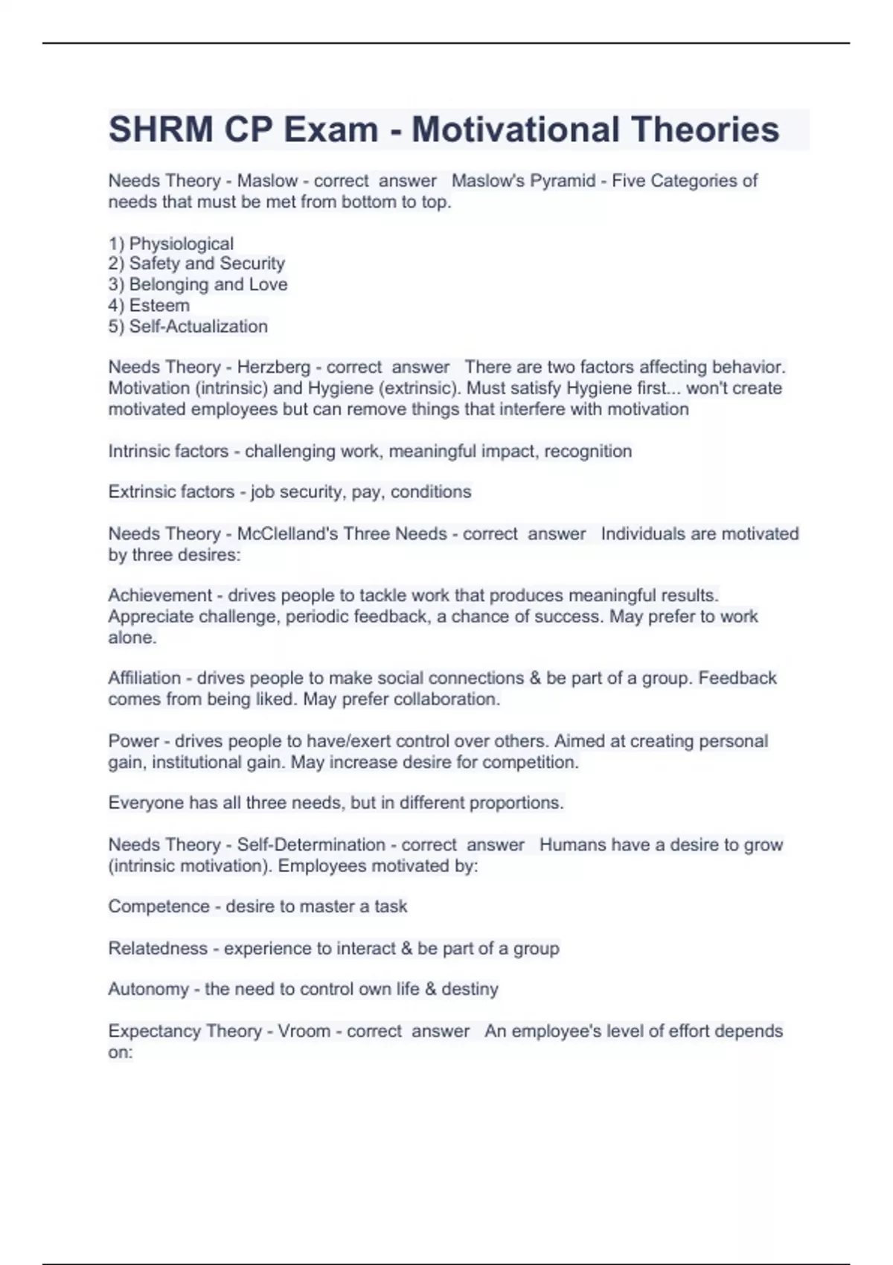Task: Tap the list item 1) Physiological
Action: tap(171, 243)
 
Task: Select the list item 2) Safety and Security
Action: tap(196, 263)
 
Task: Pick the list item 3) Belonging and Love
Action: tap(198, 284)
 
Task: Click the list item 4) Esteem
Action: tap(149, 305)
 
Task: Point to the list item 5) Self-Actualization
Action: tap(188, 326)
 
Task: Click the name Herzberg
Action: tap(273, 367)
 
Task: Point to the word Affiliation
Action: tap(144, 678)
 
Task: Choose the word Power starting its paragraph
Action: tap(133, 741)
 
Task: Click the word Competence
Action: tap(159, 906)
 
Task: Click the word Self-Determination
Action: tap(311, 845)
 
